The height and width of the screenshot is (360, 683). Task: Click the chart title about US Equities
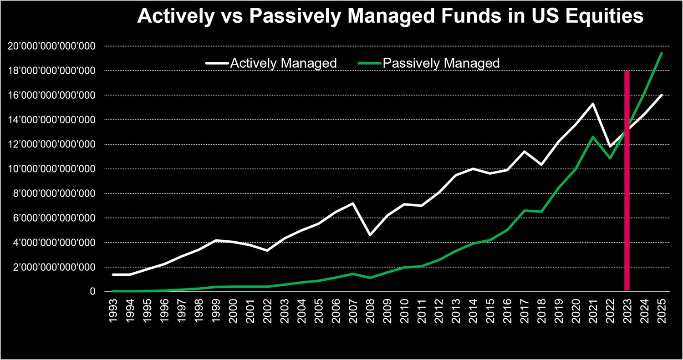[390, 16]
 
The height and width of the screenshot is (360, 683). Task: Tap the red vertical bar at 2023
[627, 182]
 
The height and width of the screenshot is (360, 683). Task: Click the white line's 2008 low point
[370, 235]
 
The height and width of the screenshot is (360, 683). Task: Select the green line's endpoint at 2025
[661, 53]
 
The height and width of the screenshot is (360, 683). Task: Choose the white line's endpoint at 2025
[661, 95]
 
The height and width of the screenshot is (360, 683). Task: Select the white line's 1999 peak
[216, 240]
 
